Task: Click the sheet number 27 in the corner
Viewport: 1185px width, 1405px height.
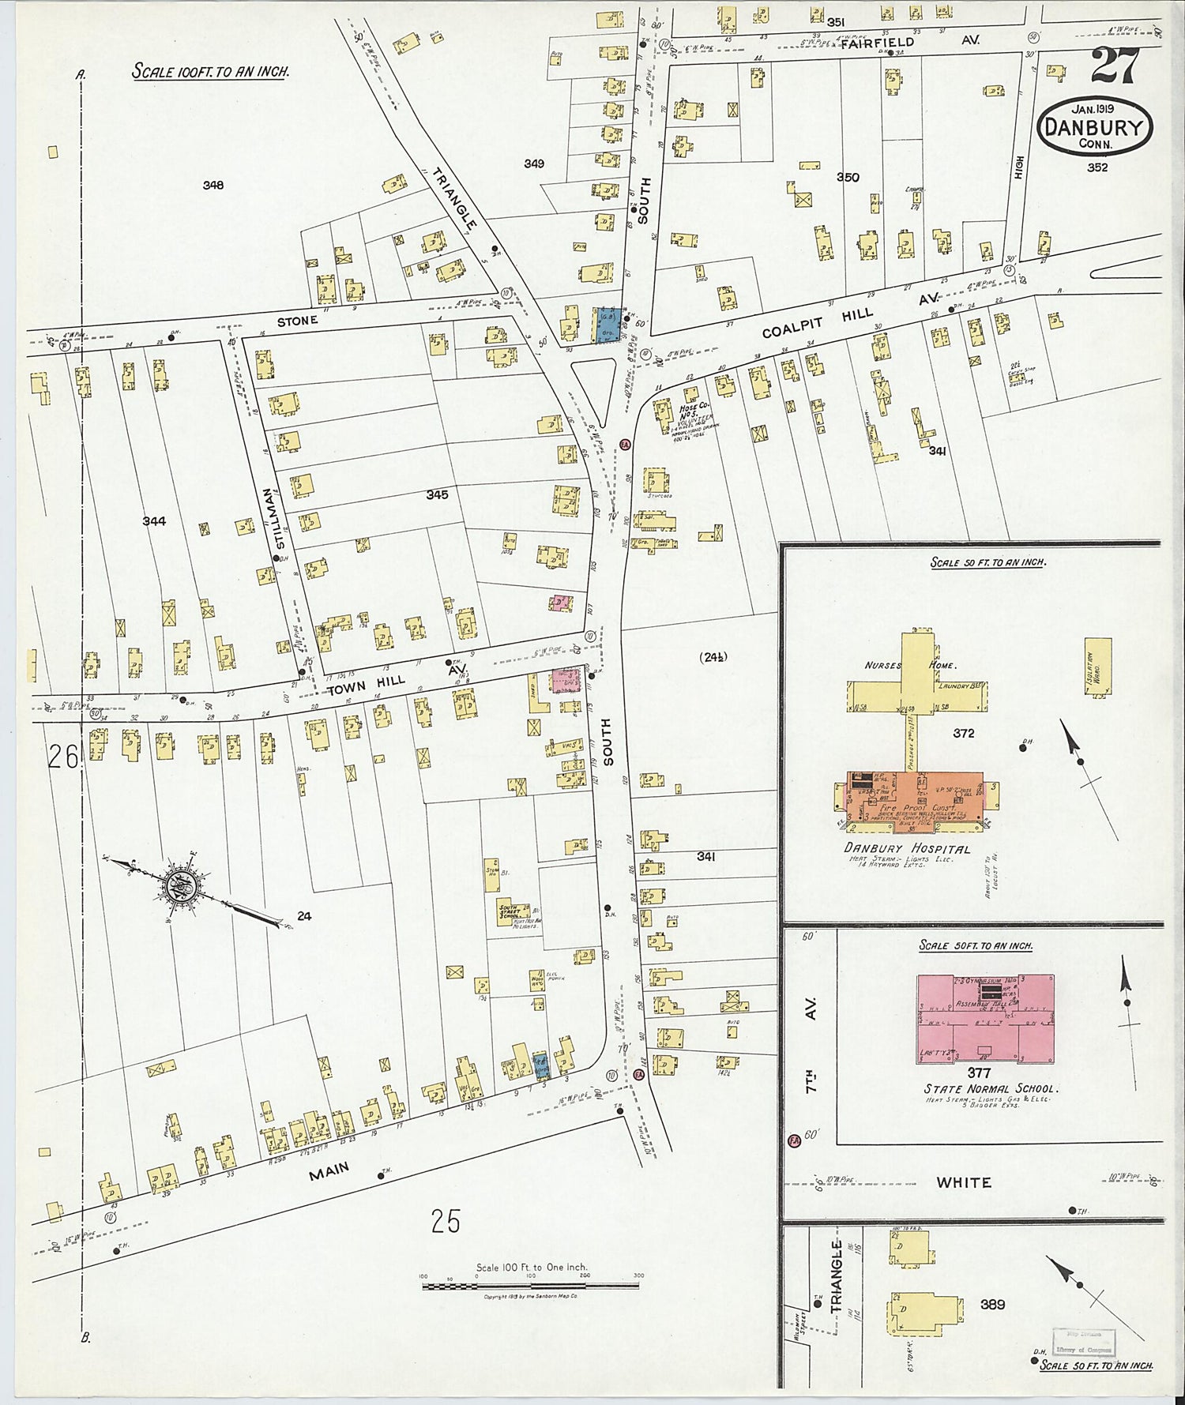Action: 1115,66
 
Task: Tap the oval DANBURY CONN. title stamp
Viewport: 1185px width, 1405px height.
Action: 1095,126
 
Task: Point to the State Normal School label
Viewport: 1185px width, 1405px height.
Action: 991,1088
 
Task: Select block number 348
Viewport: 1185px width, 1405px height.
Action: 213,185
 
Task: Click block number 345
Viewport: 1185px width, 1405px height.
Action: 437,494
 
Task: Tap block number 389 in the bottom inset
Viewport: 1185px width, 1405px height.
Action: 992,1304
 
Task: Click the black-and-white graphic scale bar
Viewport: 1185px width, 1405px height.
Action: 530,1287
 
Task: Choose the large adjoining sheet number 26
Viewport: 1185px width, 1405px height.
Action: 63,757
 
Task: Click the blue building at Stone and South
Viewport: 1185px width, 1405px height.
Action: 608,325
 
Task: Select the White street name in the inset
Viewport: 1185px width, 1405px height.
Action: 964,1182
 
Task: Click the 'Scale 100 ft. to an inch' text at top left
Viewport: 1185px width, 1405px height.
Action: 210,71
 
